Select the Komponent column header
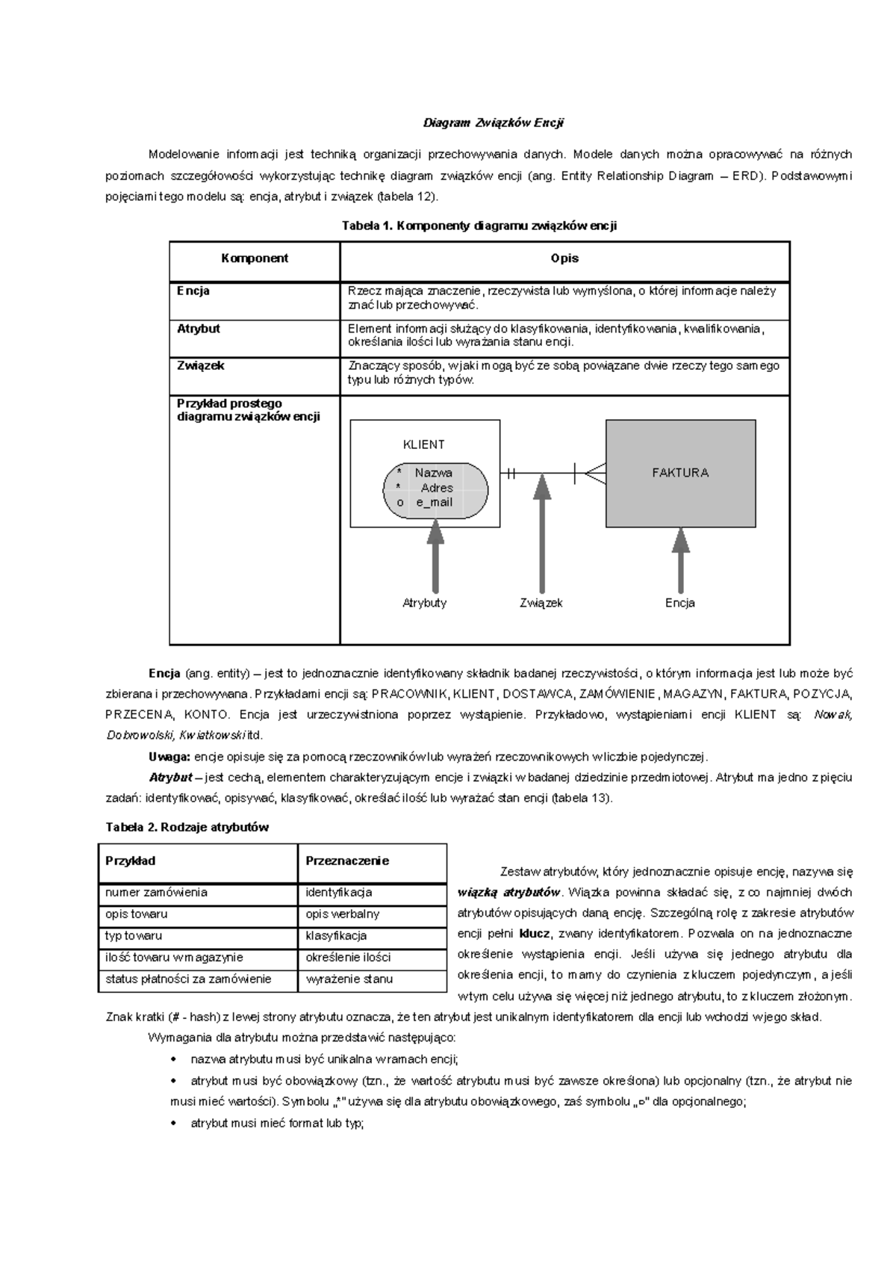coord(255,258)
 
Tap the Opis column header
coord(564,258)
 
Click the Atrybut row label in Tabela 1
coord(199,329)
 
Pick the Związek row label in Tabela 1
coord(201,366)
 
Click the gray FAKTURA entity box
coord(680,473)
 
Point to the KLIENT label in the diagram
coord(423,444)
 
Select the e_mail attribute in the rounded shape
coord(435,503)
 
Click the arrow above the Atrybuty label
coord(435,557)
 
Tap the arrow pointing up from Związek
coord(542,534)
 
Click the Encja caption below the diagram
coord(679,603)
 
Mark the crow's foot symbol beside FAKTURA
coord(594,473)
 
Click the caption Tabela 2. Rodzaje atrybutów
coord(187,827)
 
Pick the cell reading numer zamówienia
coord(157,893)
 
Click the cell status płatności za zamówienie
coord(188,979)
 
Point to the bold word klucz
coord(534,933)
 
